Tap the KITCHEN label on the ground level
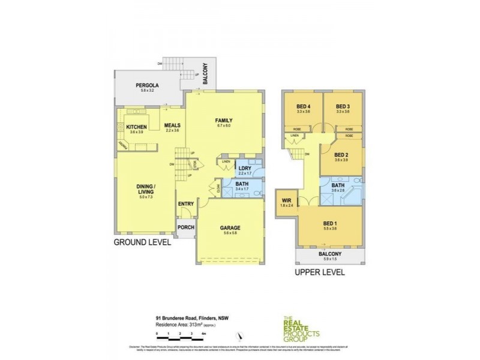pos(137,127)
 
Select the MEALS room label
pos(173,125)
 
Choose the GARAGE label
pos(230,228)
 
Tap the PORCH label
pos(185,227)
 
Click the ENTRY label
pos(186,204)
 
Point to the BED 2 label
pos(342,154)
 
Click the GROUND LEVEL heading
pos(142,243)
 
